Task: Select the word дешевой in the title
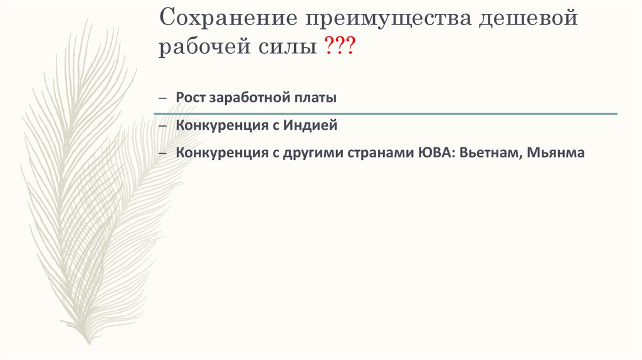528,18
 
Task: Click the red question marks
339,48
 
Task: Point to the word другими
309,152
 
